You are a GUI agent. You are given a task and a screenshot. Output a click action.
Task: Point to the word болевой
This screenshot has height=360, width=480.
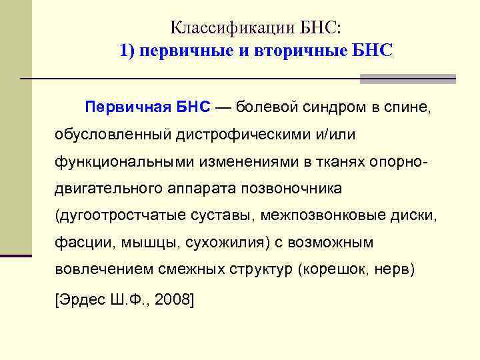coord(263,107)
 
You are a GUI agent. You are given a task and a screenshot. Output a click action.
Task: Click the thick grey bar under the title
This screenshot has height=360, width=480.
coord(407,79)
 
